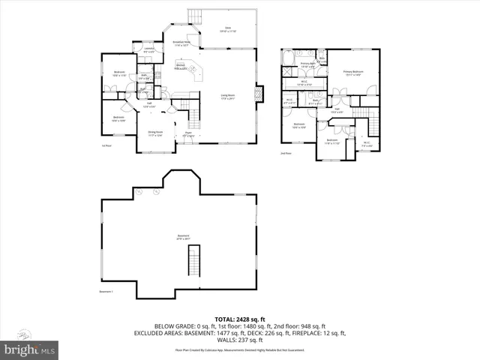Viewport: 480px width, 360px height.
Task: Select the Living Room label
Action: click(228, 96)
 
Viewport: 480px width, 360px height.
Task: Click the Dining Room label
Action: click(154, 134)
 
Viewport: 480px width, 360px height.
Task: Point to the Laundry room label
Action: click(148, 50)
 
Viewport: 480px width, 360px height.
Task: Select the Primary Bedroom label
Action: click(353, 73)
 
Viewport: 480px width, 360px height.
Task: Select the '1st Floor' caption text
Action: click(106, 145)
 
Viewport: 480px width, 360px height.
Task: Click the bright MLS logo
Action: click(30, 349)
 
